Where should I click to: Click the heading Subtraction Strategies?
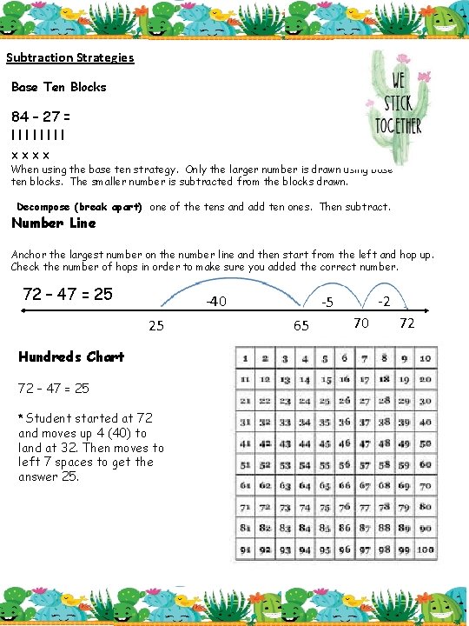[70, 58]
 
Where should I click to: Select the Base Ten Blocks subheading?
[59, 87]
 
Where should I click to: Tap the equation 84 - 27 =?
[42, 117]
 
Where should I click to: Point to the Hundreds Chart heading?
[71, 356]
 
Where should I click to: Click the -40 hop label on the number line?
[216, 303]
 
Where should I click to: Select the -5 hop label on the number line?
[327, 303]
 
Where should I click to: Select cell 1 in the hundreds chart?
[246, 357]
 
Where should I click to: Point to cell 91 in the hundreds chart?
[246, 549]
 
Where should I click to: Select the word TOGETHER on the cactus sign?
[399, 125]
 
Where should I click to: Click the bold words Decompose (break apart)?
[80, 207]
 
